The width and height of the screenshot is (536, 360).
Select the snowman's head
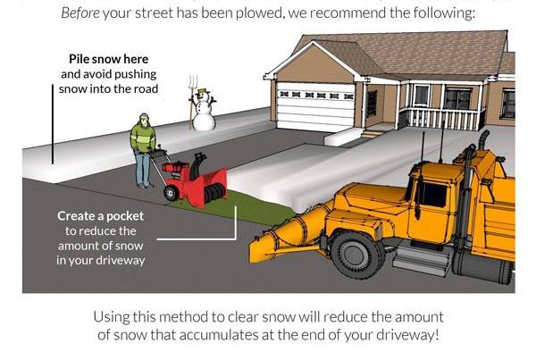point(201,94)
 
